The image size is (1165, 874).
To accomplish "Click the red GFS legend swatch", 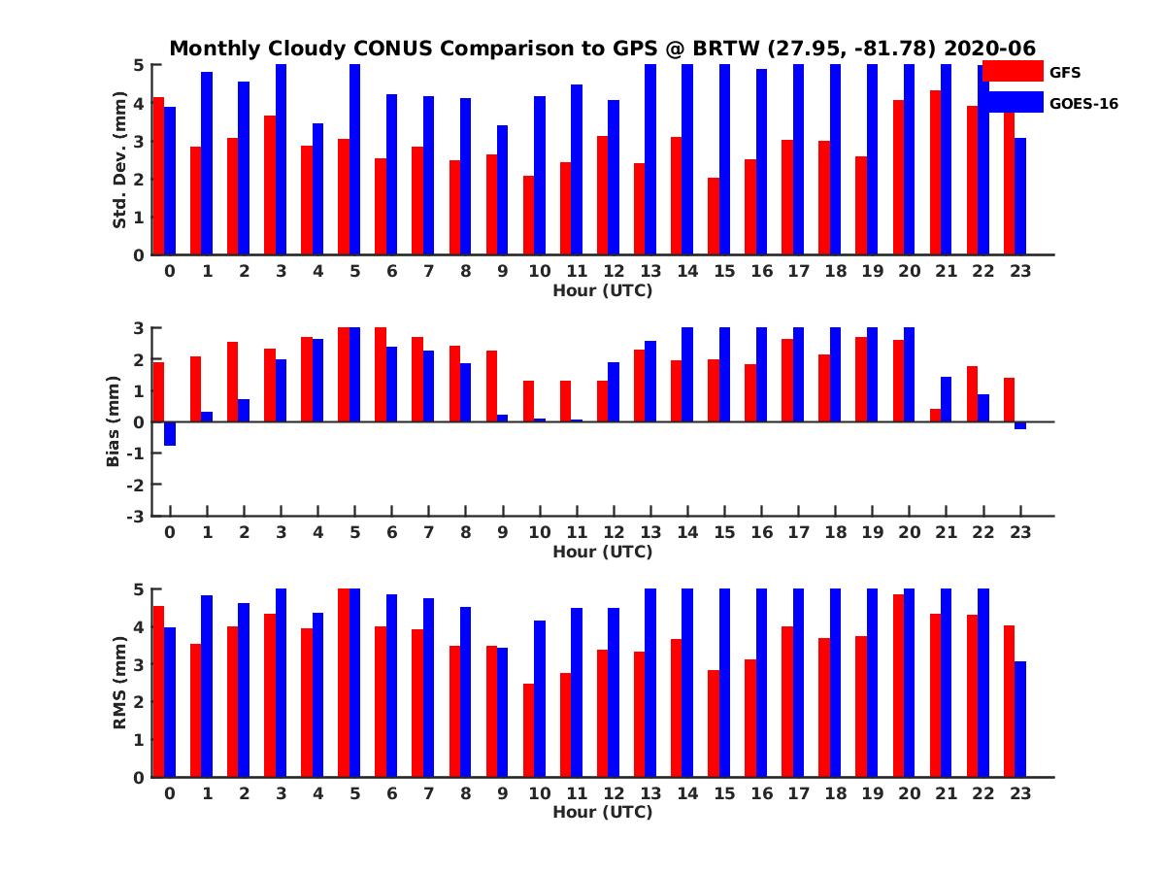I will pos(1012,71).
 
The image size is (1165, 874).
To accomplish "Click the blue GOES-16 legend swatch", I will pos(1012,102).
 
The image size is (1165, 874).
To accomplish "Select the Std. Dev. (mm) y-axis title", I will pos(119,160).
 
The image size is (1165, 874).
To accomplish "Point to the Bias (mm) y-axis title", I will pos(115,421).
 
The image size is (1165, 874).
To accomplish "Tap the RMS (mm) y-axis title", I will pos(119,683).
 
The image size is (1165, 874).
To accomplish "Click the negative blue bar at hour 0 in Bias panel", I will pos(170,433).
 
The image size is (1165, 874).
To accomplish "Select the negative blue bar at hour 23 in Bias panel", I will pos(1020,425).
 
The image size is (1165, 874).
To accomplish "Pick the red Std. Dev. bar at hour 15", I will pos(714,217).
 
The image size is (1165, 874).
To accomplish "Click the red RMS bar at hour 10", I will pos(529,730).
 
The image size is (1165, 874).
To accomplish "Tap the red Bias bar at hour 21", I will pos(935,416).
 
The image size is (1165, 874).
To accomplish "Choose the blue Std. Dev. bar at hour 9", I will pos(503,190).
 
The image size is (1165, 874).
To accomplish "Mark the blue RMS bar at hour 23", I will pos(1020,719).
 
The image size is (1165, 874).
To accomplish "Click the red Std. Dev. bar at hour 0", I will pos(158,176).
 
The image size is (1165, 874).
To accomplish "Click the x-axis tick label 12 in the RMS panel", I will pos(614,793).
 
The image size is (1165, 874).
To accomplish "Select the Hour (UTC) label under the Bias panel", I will pos(602,552).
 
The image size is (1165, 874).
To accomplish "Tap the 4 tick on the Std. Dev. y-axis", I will pos(140,103).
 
